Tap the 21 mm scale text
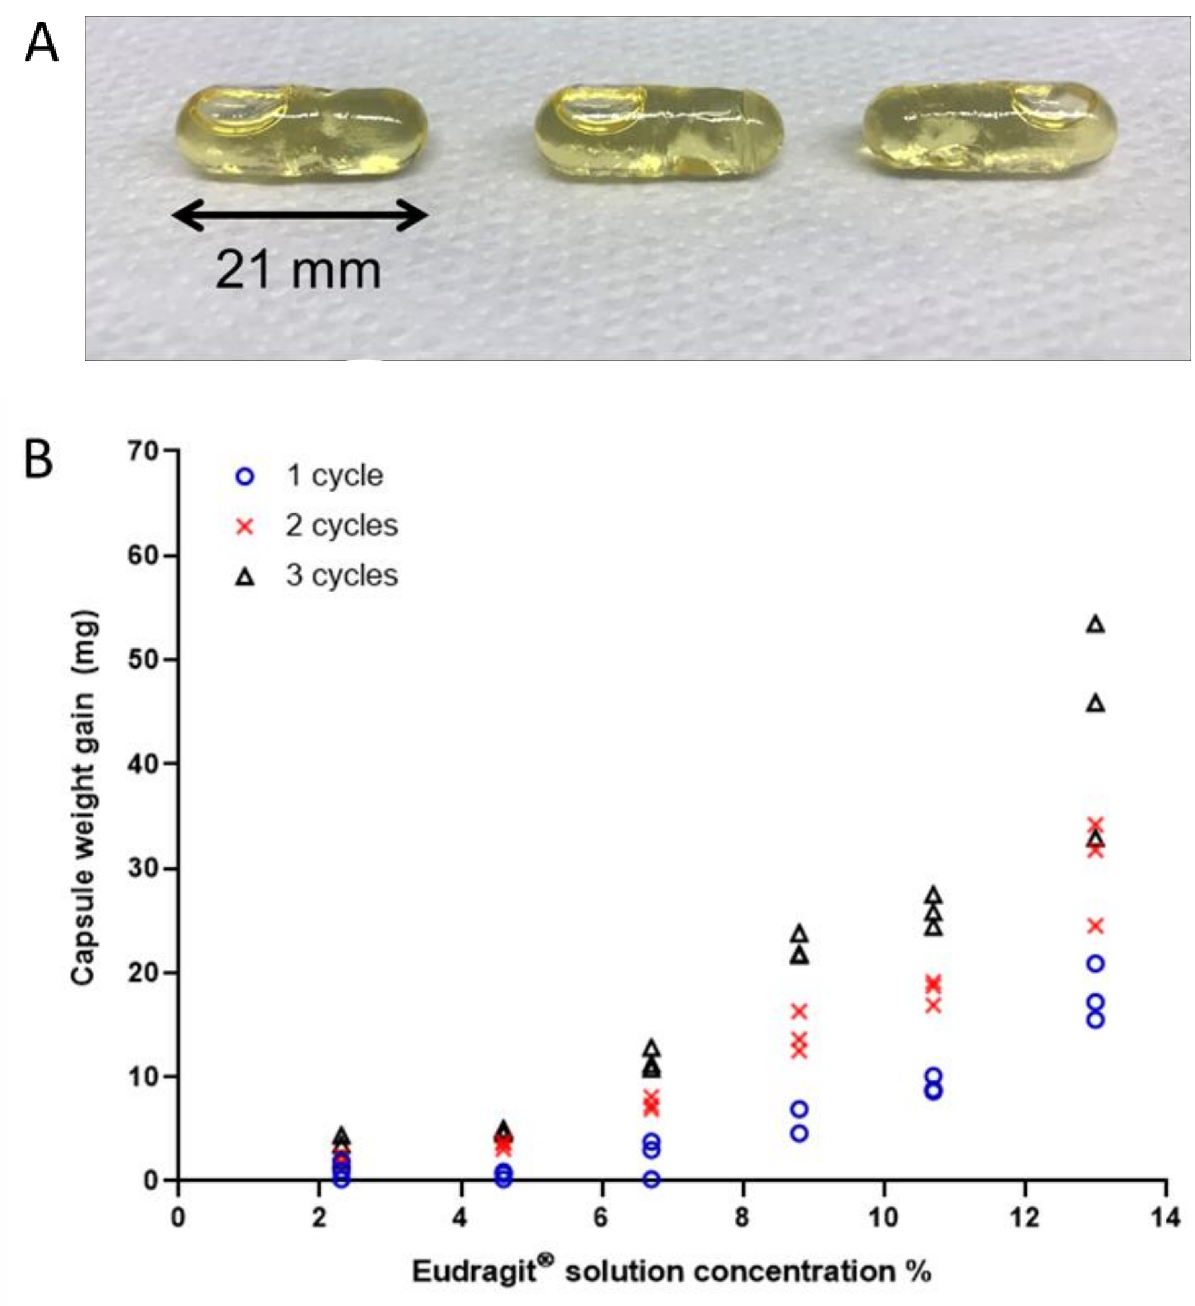[298, 270]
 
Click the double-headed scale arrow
[299, 215]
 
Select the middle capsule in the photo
[658, 133]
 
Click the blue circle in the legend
[245, 477]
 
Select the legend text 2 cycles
[342, 525]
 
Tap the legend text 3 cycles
[342, 575]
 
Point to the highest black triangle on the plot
[1095, 624]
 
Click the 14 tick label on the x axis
[1165, 1218]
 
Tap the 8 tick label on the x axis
[742, 1218]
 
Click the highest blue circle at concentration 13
[1095, 963]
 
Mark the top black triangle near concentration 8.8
[800, 934]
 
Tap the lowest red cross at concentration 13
[1095, 926]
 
